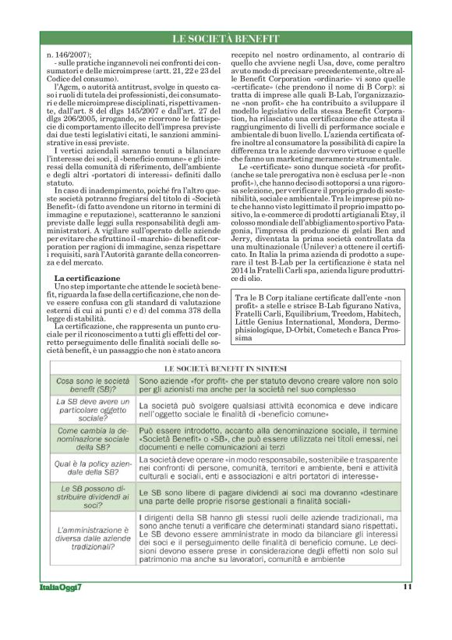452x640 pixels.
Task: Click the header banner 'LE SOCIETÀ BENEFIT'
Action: coord(226,39)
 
